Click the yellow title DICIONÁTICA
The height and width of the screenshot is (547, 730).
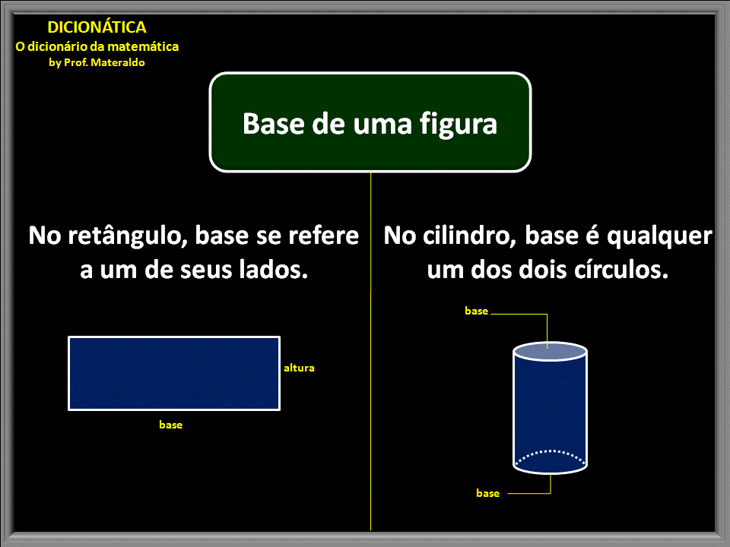(x=97, y=27)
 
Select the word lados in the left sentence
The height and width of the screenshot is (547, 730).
(x=269, y=270)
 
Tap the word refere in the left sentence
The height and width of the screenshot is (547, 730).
(x=324, y=236)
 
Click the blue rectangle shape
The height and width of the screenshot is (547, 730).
(x=174, y=373)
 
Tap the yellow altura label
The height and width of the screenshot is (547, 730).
(x=299, y=368)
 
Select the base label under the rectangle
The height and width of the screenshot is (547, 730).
(x=171, y=425)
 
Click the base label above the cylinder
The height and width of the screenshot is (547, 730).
(x=477, y=311)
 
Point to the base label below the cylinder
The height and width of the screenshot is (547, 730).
(x=488, y=494)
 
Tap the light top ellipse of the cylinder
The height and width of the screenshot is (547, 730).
(x=550, y=351)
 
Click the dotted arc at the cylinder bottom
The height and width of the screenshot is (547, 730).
(x=550, y=452)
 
